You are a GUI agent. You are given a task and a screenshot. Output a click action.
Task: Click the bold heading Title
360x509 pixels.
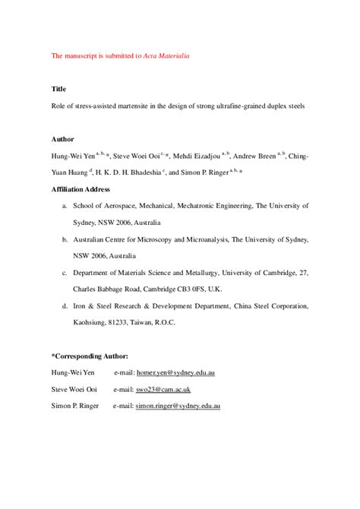[58, 89]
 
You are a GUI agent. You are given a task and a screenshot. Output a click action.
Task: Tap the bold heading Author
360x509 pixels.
[62, 140]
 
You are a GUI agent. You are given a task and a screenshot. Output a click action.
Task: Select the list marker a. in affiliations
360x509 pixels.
[65, 206]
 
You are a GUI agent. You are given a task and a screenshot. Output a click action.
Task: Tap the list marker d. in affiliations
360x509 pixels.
[65, 305]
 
